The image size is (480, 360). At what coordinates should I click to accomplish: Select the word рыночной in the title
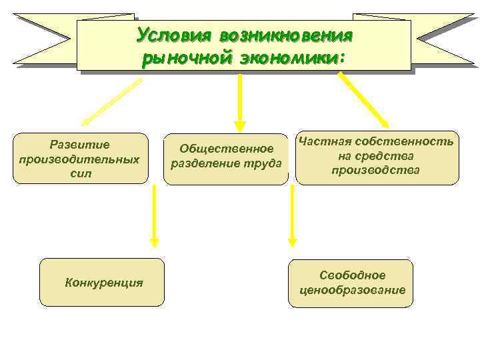185,58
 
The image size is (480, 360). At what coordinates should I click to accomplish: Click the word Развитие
79,145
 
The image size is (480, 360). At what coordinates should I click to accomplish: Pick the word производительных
79,159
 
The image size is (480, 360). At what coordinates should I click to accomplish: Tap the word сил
79,173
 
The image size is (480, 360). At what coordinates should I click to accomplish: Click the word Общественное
227,149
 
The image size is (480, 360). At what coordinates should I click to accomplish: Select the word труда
262,163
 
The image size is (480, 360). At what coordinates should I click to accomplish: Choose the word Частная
324,141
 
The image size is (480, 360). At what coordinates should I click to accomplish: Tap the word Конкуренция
104,282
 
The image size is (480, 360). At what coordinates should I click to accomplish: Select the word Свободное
353,275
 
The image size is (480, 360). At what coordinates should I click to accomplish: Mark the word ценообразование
353,290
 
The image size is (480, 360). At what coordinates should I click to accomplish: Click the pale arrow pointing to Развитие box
111,102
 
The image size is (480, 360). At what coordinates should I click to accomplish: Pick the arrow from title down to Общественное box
240,100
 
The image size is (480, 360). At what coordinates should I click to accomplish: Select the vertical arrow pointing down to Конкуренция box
154,215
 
